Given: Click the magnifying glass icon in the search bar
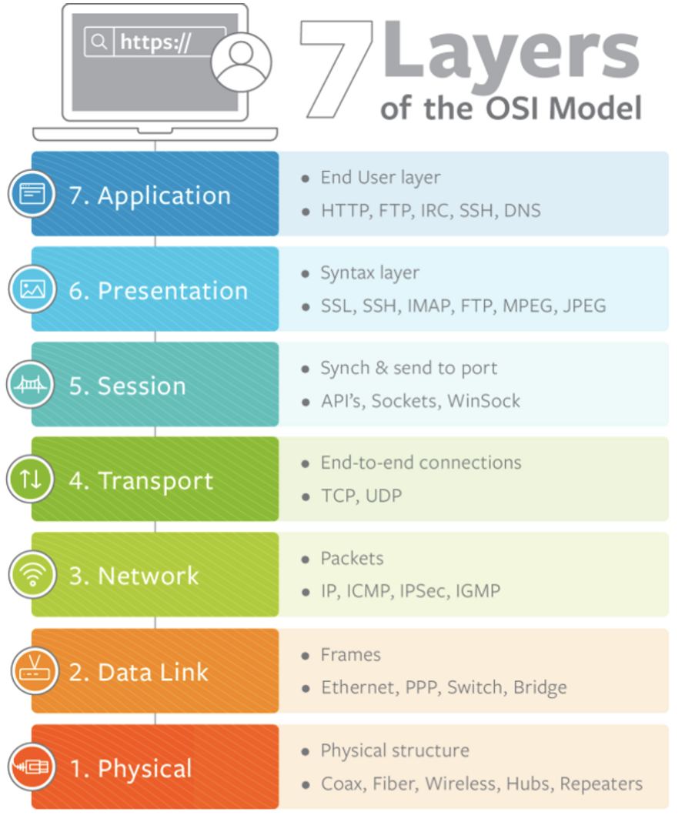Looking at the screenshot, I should coord(99,42).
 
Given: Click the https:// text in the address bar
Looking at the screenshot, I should coord(154,43).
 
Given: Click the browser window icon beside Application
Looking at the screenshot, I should coord(32,194).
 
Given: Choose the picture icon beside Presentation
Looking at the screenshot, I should coord(32,289).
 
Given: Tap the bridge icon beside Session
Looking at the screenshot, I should coord(32,385).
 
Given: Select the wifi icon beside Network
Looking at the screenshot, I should coord(32,576).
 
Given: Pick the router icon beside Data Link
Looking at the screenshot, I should coord(32,671).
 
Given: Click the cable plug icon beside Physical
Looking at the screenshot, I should coord(32,767).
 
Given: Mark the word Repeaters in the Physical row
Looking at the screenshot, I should coord(601,784).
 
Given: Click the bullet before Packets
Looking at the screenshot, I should coord(306,559).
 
